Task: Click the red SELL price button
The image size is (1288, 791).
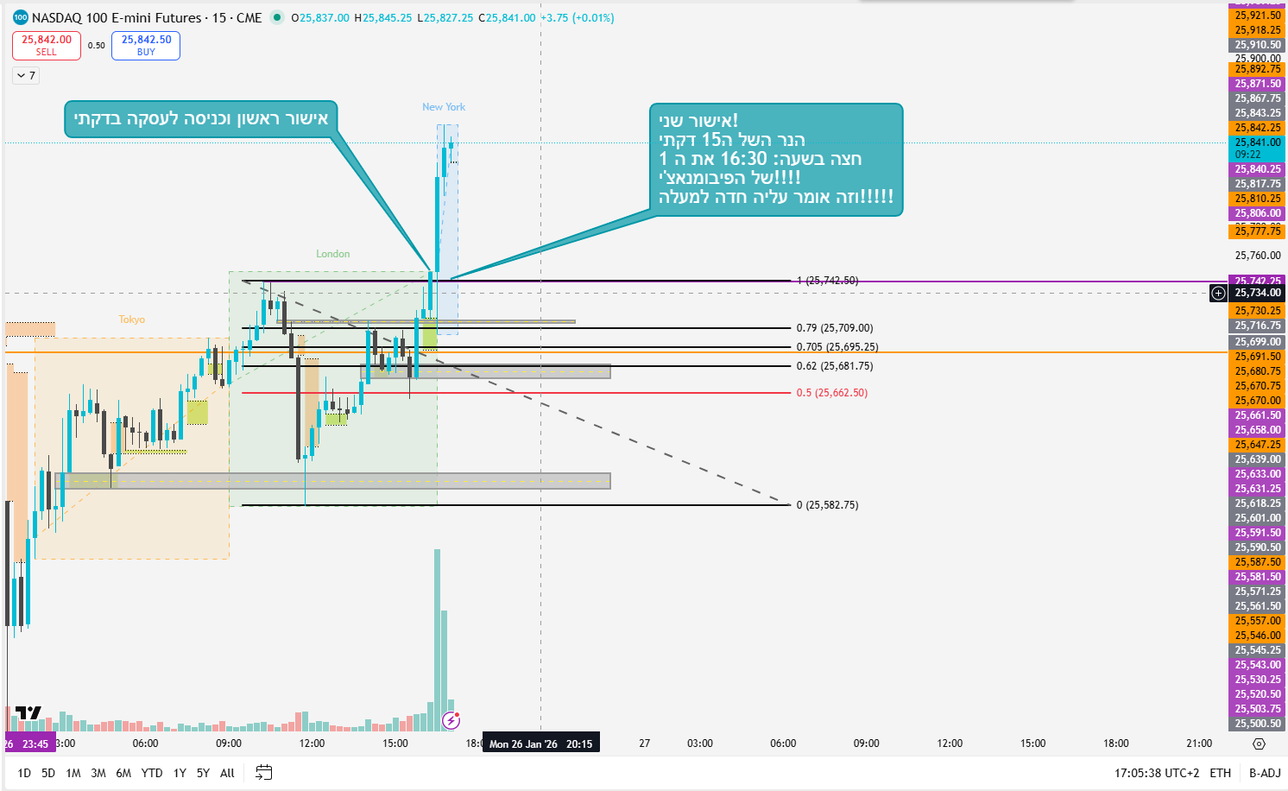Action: [47, 45]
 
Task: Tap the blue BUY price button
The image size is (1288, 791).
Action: [146, 45]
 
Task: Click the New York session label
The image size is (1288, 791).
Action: [444, 107]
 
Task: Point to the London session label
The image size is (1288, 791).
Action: [332, 254]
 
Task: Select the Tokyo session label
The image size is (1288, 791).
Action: [132, 320]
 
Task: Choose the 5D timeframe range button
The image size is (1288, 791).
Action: [48, 773]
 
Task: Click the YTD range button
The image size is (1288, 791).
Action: [152, 773]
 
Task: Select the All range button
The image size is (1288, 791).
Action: [227, 773]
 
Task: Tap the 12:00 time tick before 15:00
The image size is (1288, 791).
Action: [312, 743]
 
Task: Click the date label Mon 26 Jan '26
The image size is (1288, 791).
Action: [523, 744]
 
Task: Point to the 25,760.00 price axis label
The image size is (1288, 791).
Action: [1258, 256]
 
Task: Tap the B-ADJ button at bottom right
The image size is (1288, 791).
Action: [1265, 773]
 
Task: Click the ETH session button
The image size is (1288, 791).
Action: [1220, 773]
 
